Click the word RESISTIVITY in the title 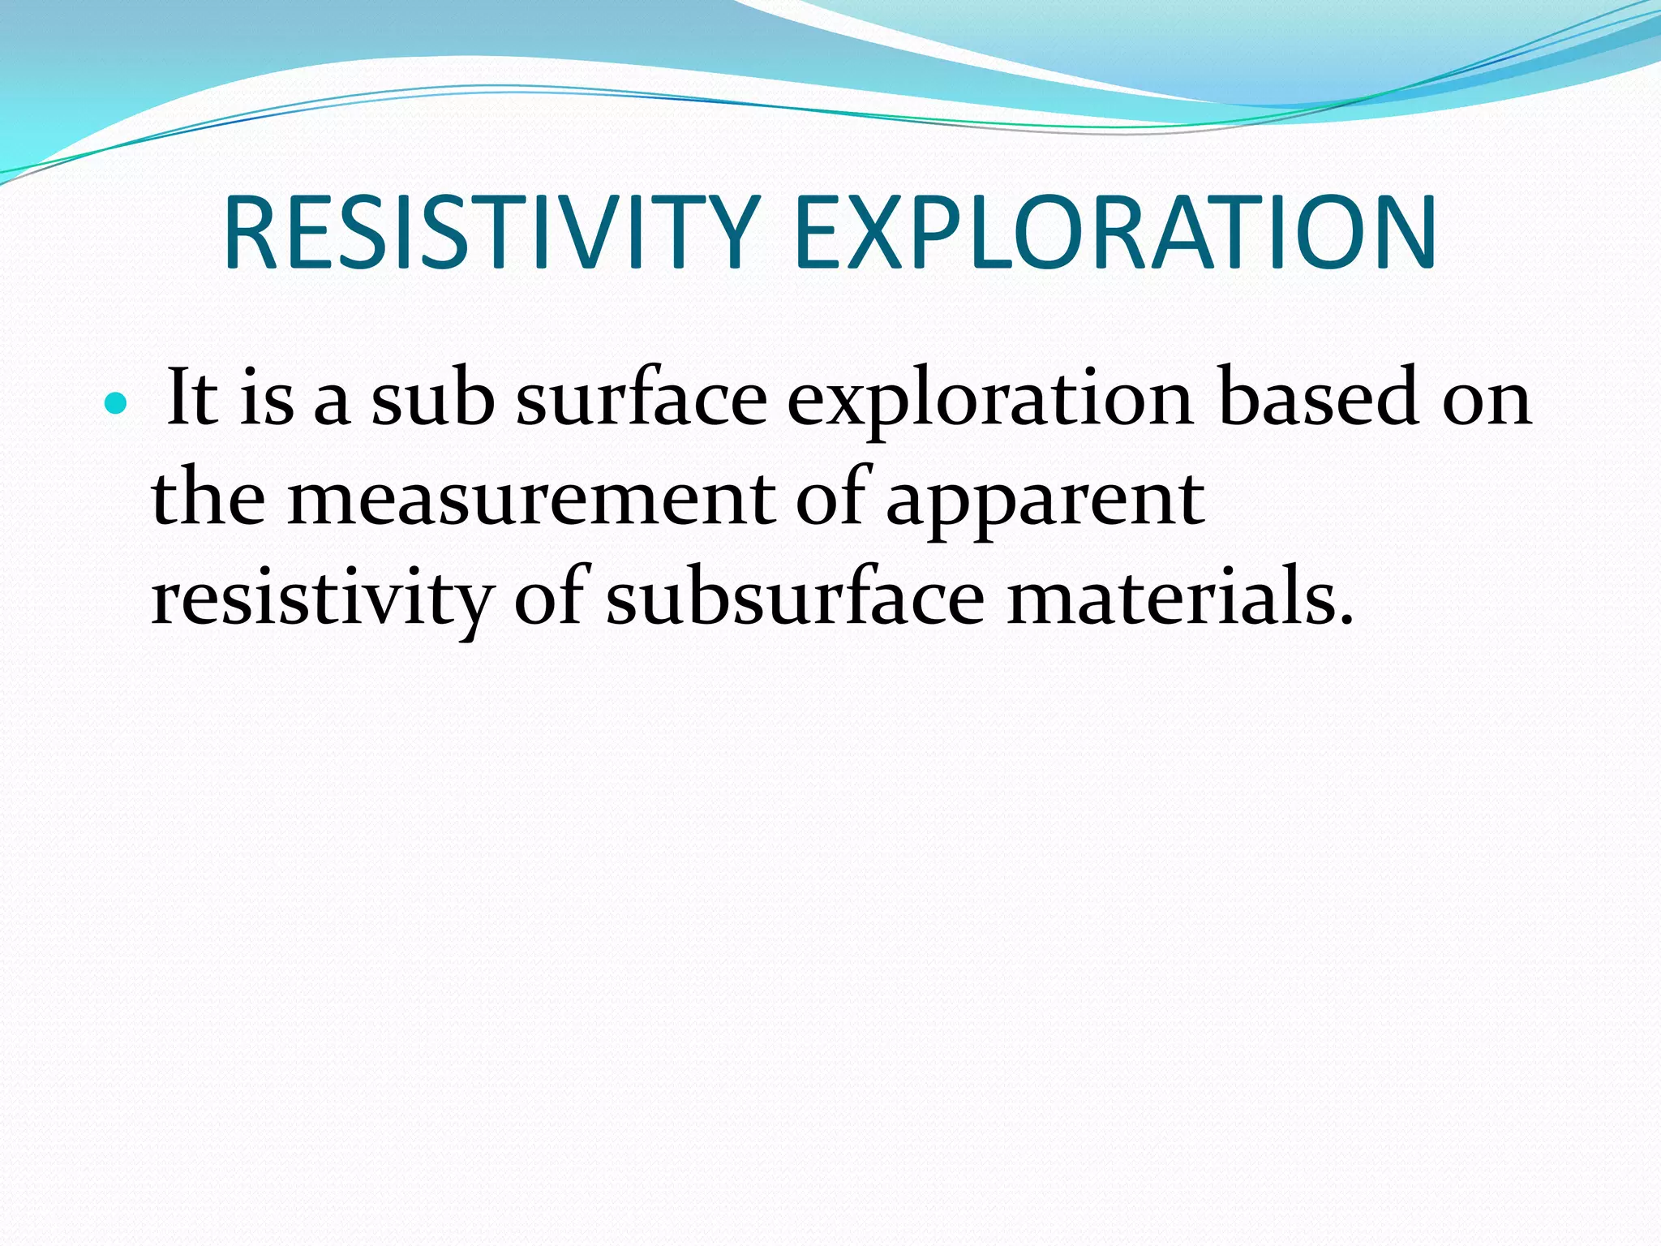(x=491, y=233)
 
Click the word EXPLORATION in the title (x=1114, y=233)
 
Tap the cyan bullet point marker (x=117, y=402)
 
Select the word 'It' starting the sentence (x=191, y=397)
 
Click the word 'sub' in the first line (x=432, y=397)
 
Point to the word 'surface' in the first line (x=641, y=397)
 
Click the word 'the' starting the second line (x=208, y=497)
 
